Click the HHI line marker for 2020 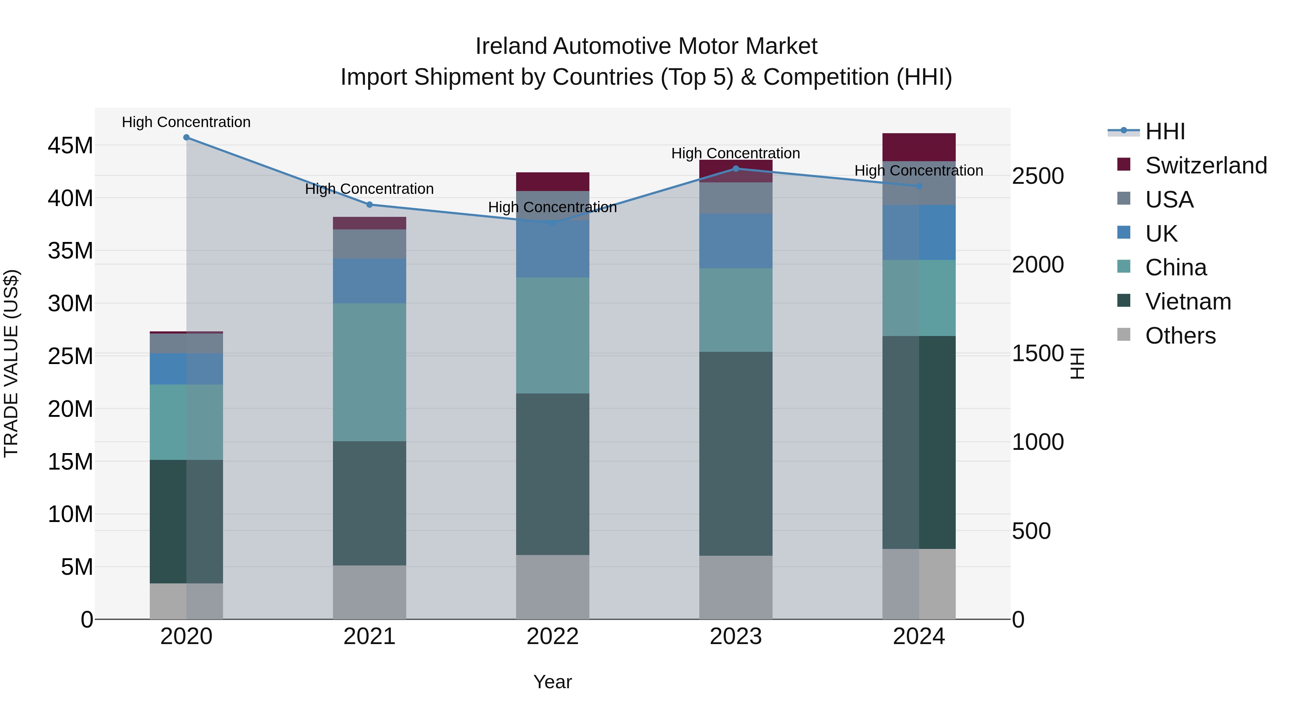click(x=186, y=138)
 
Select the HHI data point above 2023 click(x=736, y=169)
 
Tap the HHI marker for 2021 click(x=370, y=205)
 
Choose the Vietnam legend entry click(x=1188, y=302)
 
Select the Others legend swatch click(x=1124, y=335)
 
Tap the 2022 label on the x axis click(x=553, y=637)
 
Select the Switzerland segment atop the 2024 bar click(x=919, y=147)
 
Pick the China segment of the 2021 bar click(x=370, y=372)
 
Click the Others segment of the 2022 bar click(x=553, y=587)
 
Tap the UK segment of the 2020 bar click(x=186, y=369)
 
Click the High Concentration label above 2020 click(x=186, y=122)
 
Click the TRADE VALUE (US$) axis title click(x=11, y=363)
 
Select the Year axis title click(x=553, y=682)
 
